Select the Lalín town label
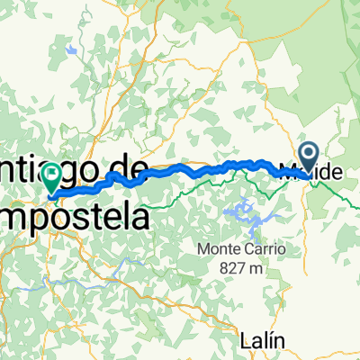point(263,315)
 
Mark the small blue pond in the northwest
point(70,51)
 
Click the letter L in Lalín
point(247,315)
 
